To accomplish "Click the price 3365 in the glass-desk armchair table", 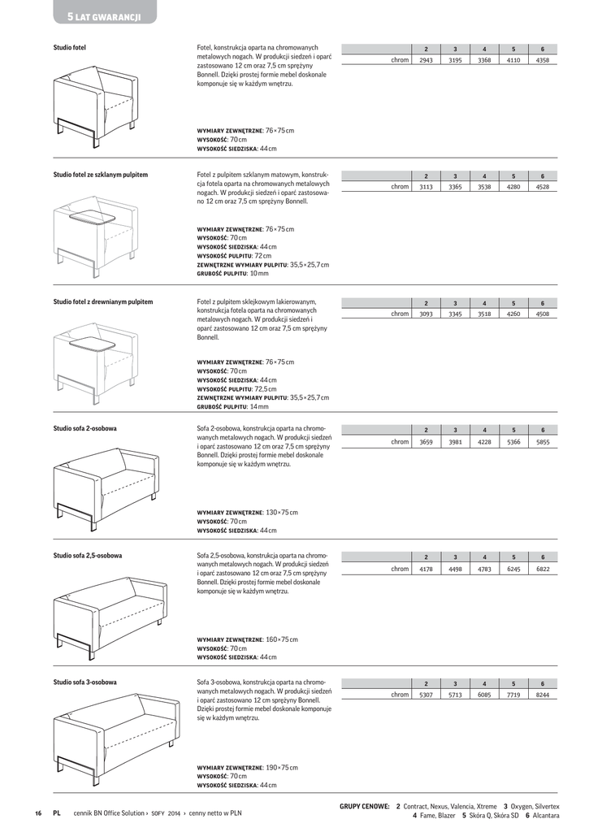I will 455,187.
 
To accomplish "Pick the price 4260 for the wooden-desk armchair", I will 513,314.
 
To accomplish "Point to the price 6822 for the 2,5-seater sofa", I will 543,569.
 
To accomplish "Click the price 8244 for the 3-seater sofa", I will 543,695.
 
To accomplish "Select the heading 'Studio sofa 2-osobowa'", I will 84,428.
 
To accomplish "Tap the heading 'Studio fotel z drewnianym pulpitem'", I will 103,301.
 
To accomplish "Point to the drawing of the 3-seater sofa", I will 114,731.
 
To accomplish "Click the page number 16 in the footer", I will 38,812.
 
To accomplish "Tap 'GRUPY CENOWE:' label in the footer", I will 364,806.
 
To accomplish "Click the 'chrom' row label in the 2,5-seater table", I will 400,569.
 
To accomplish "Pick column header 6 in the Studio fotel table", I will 543,49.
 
